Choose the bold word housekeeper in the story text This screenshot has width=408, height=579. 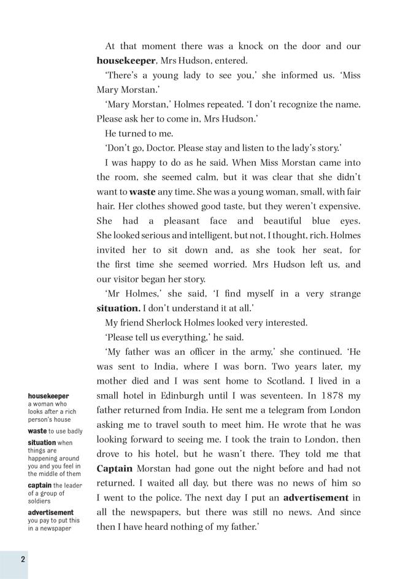pyautogui.click(x=127, y=61)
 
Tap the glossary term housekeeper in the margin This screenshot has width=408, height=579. pyautogui.click(x=48, y=396)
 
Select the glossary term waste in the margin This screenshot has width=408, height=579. pyautogui.click(x=37, y=431)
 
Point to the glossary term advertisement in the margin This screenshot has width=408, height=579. pyautogui.click(x=50, y=512)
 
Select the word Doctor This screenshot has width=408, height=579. pyautogui.click(x=158, y=148)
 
